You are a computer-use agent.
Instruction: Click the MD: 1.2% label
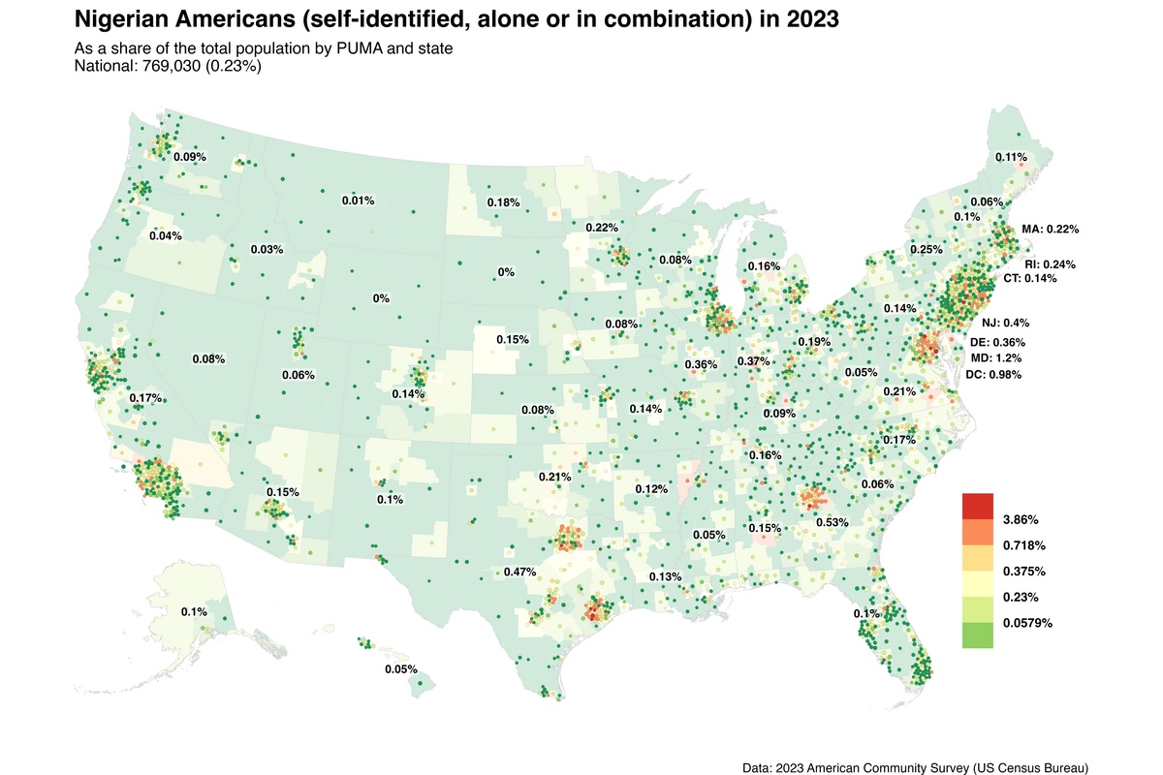click(996, 358)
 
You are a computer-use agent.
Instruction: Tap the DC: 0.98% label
click(993, 375)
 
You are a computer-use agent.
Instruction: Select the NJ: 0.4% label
click(1005, 323)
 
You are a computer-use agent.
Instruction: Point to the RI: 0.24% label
click(1050, 264)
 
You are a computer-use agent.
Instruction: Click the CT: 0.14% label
click(1029, 279)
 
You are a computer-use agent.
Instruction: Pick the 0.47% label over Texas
click(519, 572)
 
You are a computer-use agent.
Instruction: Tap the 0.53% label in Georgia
click(833, 523)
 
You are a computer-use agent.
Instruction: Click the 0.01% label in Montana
click(358, 201)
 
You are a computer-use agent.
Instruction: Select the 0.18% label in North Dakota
click(503, 203)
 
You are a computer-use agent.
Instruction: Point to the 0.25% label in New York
click(927, 250)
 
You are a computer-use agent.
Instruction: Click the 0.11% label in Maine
click(1011, 157)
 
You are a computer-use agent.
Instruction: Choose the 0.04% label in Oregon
click(166, 236)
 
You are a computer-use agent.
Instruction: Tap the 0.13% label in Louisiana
click(665, 576)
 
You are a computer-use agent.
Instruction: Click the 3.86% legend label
click(1021, 520)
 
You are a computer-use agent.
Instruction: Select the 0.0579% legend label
click(1027, 624)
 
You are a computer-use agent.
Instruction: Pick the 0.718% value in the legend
click(1023, 545)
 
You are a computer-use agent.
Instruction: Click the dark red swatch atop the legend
click(978, 506)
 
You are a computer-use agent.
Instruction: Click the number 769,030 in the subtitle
click(172, 67)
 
